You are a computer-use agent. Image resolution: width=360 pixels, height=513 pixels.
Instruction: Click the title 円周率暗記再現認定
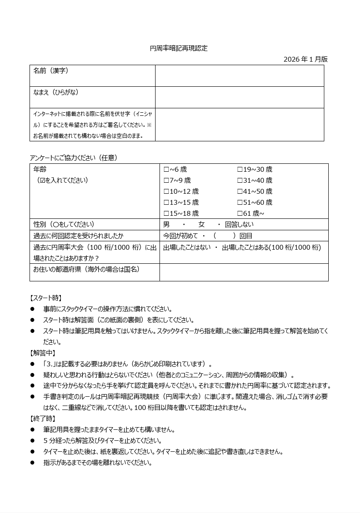[178, 48]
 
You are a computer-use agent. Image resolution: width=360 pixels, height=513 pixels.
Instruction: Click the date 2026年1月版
[305, 59]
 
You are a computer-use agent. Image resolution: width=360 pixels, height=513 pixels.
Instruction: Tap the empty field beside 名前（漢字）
[239, 76]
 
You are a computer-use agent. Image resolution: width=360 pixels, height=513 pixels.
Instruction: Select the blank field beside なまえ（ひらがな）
[239, 97]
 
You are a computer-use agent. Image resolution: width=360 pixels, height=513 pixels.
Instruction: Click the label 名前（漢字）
[51, 70]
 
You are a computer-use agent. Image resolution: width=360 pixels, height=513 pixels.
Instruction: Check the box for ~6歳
[166, 170]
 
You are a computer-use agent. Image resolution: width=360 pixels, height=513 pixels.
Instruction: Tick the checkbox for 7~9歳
[166, 181]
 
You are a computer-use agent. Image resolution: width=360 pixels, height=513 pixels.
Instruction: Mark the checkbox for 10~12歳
[166, 192]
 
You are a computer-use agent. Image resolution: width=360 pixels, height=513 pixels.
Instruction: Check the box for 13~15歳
[166, 203]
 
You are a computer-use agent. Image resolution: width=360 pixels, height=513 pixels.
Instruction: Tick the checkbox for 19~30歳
[240, 170]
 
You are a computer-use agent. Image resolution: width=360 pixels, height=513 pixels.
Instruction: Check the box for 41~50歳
[240, 192]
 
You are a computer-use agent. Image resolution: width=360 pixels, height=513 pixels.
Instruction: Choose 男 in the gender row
[166, 225]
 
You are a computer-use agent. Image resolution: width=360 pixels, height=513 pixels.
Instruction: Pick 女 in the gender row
[201, 225]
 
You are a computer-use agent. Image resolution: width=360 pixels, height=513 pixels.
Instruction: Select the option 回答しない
[239, 225]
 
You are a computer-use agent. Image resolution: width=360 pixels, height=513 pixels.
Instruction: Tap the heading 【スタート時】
[46, 298]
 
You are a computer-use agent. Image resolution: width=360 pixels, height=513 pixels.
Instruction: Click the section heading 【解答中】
[43, 353]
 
